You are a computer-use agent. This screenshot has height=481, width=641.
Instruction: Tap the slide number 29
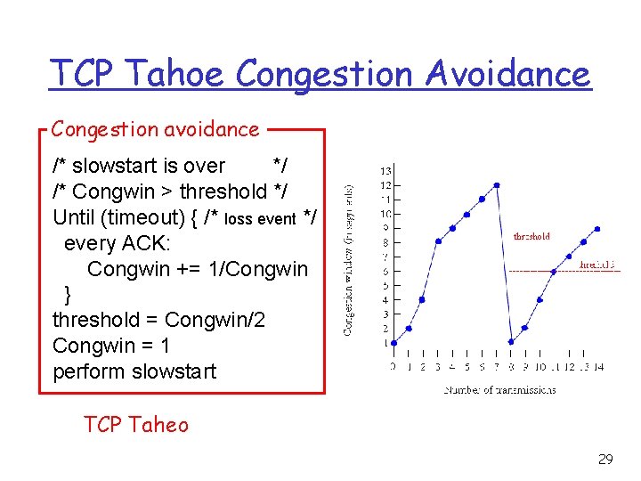(x=604, y=460)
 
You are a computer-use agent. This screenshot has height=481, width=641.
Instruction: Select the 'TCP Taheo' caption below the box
(x=135, y=424)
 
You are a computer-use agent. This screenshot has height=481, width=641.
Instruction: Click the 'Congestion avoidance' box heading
(x=155, y=129)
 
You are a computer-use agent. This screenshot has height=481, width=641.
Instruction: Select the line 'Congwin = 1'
(x=111, y=346)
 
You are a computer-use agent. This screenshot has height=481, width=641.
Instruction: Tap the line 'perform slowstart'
(x=134, y=371)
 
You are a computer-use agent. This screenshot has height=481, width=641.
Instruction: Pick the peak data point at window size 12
(x=497, y=185)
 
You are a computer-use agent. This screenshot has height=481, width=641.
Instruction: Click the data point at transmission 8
(x=511, y=342)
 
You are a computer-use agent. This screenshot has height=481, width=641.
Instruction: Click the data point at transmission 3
(x=437, y=241)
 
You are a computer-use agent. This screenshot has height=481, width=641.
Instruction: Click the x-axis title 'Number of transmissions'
(x=499, y=389)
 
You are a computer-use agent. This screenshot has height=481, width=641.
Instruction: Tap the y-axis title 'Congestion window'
(x=349, y=259)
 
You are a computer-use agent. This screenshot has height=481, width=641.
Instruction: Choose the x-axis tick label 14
(x=599, y=366)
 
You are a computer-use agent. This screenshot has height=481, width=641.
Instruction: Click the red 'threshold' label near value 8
(x=531, y=237)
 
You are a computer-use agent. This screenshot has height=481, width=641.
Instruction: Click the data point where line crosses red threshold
(x=554, y=271)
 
